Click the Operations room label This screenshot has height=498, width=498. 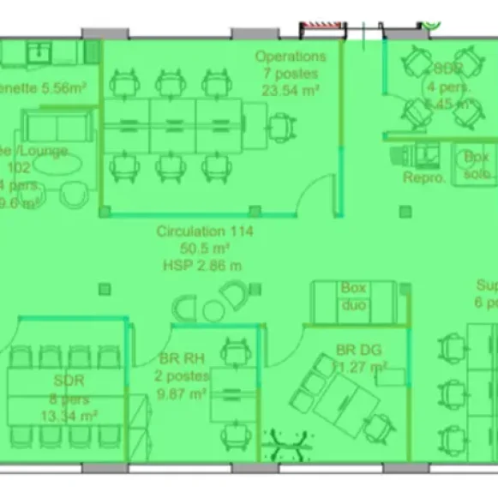tap(291, 57)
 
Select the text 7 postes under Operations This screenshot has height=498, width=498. tap(291, 73)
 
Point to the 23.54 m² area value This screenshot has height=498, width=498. tap(291, 89)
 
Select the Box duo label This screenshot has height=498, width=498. tap(353, 297)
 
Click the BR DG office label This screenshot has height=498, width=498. tap(359, 350)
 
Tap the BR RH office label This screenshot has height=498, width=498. tap(181, 359)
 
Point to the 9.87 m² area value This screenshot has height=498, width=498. tap(181, 393)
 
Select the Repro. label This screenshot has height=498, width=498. tap(424, 178)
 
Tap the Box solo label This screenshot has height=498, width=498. tap(477, 165)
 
